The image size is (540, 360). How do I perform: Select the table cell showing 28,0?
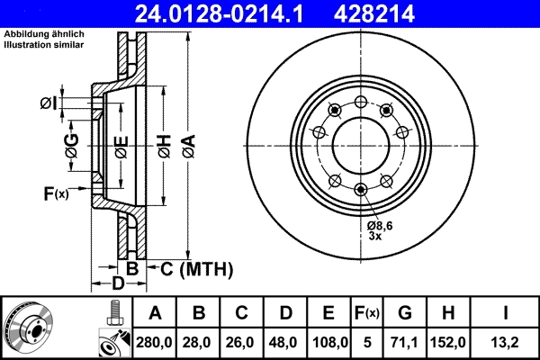point(200,343)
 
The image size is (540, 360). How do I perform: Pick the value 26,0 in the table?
point(242,343)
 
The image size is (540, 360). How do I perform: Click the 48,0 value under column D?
point(286,343)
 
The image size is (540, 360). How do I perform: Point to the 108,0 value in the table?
point(329,343)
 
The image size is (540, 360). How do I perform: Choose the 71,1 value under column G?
point(405,343)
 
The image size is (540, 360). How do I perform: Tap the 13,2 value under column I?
point(509,343)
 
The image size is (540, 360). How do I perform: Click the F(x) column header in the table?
point(367,314)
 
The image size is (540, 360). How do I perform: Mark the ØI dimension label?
point(49,103)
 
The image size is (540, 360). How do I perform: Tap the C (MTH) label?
point(191,268)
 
